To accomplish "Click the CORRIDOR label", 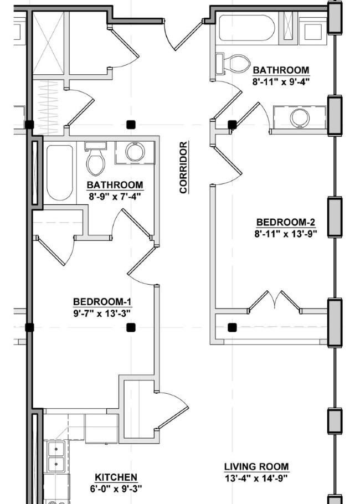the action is point(183,167).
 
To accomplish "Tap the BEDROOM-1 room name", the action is point(102,302).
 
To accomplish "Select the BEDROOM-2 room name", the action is point(285,223).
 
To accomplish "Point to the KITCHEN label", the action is point(116,477).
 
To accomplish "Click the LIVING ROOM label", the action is point(256,466).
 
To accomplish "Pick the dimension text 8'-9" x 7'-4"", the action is point(115,196).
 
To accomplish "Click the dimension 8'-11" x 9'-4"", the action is point(281,81).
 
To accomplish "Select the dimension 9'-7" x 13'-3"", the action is point(102,313).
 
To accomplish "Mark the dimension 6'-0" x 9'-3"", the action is point(116,489).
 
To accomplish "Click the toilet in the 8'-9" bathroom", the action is point(96,158).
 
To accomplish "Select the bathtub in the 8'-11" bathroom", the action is point(247,28).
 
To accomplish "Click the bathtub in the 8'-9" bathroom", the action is point(59,173).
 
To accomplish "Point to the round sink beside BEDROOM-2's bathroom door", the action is point(300,117).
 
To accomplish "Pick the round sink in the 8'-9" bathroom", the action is point(135,152).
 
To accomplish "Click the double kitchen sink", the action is point(56,456).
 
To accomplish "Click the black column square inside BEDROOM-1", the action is point(131,327).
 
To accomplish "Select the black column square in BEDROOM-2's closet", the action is point(232,327).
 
